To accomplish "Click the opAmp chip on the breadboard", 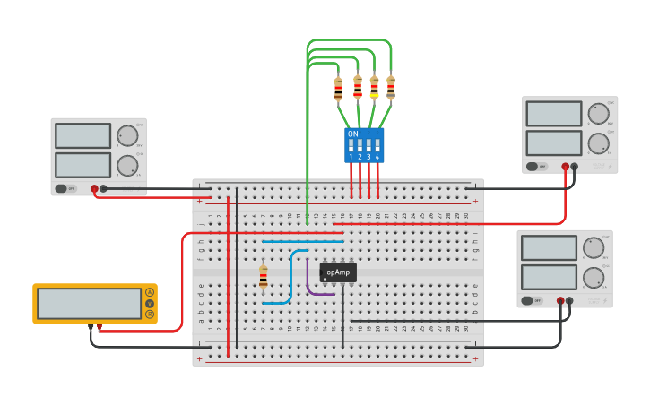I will tap(338, 272).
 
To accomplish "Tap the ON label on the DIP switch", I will tap(352, 134).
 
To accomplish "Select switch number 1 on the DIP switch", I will tap(351, 145).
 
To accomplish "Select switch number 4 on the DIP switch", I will tap(377, 145).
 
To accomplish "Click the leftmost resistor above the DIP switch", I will tap(338, 90).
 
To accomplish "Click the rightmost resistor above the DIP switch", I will tap(391, 88).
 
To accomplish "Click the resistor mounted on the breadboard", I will tap(263, 277).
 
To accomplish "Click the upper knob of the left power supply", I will tap(127, 135).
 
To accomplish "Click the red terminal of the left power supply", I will tap(94, 188).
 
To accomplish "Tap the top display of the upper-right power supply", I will tap(553, 114).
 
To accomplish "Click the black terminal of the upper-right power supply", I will tap(575, 166).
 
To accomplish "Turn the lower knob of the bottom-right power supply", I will tap(593, 277).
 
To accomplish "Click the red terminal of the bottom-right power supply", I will tap(560, 301).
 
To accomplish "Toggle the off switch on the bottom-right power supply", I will tap(532, 300).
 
